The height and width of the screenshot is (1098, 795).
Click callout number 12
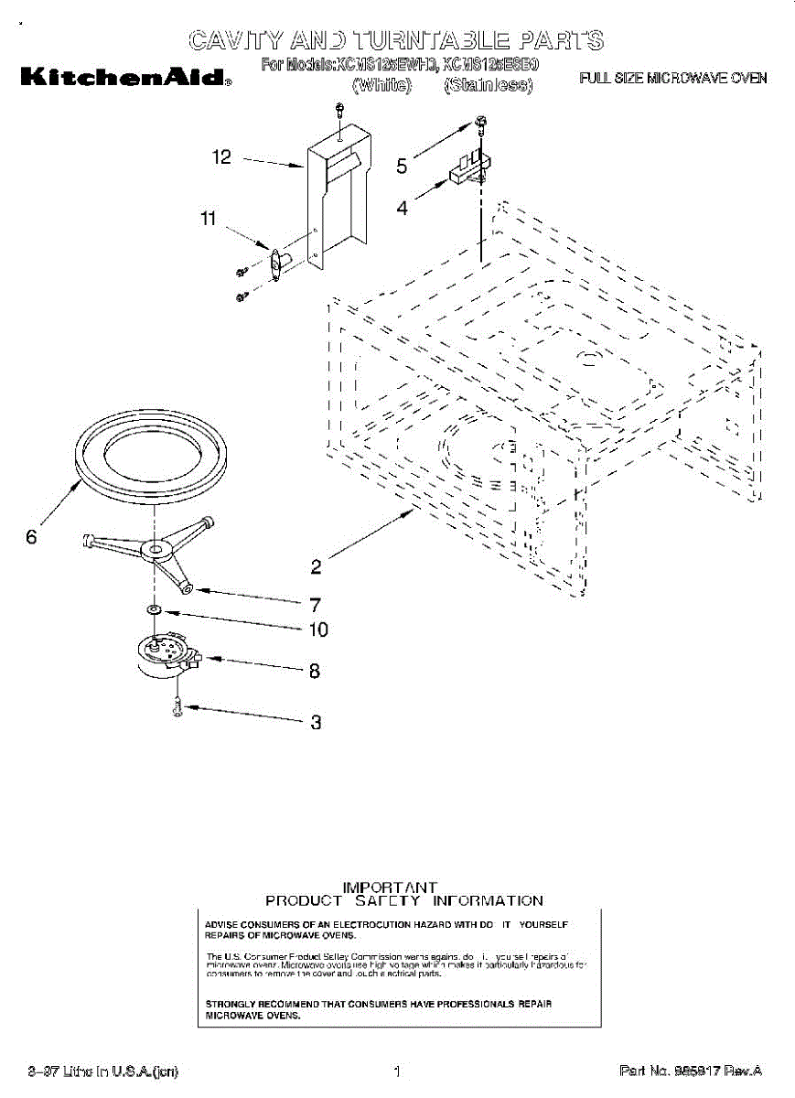[221, 157]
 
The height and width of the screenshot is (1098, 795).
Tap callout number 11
[209, 219]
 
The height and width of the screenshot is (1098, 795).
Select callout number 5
[402, 166]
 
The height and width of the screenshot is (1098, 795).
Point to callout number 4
[402, 208]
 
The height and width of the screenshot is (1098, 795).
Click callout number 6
[31, 537]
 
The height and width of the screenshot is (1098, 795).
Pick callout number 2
[316, 566]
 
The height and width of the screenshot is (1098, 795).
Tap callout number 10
[317, 630]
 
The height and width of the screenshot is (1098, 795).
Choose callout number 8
[315, 671]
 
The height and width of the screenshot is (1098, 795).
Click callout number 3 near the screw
[316, 722]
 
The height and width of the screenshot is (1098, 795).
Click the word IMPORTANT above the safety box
[390, 888]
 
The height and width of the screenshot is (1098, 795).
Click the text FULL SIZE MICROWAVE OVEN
[673, 79]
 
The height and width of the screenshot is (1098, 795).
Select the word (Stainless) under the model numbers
[488, 86]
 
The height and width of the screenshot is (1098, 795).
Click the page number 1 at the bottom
[397, 1071]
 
